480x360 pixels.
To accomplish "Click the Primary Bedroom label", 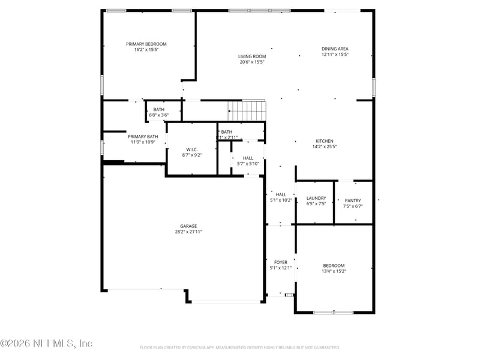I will tap(146, 44).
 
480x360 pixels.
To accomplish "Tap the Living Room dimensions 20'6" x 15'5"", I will tap(251, 62).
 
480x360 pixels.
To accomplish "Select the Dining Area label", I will tap(335, 49).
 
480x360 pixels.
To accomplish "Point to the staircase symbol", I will tap(246, 110).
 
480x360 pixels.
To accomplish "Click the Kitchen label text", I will tap(325, 141).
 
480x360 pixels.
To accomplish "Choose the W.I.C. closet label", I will tap(192, 149).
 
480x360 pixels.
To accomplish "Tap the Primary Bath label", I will tap(143, 137).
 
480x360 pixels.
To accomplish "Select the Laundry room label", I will tap(316, 198).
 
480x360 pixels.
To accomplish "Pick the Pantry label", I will tap(353, 200).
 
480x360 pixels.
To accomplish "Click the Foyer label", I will tap(281, 262).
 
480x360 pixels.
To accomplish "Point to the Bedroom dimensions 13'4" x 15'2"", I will tap(334, 271).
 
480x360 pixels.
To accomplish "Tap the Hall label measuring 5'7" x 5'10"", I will tap(248, 158).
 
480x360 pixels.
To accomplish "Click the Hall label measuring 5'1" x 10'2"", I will tap(281, 194).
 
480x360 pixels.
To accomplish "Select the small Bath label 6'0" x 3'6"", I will tap(158, 109).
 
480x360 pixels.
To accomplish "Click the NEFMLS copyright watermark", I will tap(46, 344).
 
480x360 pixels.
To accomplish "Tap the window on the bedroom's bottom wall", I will tap(333, 312).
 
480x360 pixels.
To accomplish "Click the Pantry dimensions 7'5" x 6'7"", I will tap(353, 206).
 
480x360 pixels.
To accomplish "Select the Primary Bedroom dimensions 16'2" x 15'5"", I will tap(146, 50).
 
